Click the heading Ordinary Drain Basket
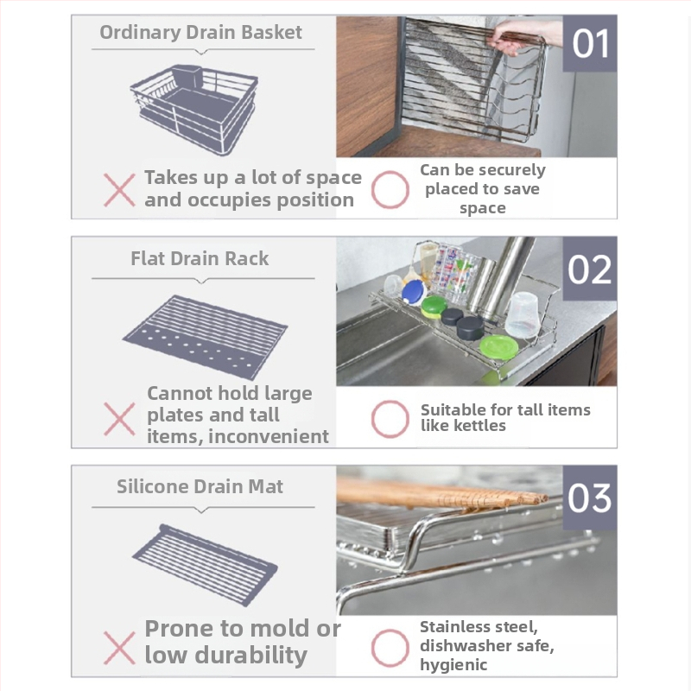tap(200, 33)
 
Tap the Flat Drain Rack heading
tap(200, 258)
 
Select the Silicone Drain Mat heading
tap(200, 486)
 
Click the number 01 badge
tap(590, 43)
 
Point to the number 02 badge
tap(590, 269)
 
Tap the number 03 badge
tap(590, 498)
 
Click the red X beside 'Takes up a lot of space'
tap(119, 190)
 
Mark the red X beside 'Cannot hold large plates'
tap(119, 419)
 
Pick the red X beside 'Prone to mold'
tap(119, 648)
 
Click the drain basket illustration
tap(194, 110)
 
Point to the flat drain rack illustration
tap(205, 337)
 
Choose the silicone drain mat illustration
tap(205, 565)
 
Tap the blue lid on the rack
tap(414, 292)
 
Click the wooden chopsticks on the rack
tap(441, 493)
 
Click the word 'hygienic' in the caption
tap(453, 664)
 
